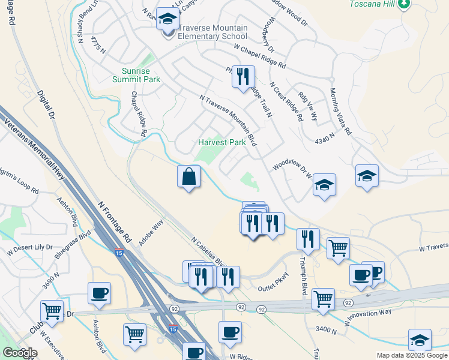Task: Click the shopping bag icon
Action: tap(188, 177)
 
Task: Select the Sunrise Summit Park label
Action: tap(136, 74)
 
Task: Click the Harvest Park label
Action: tap(222, 143)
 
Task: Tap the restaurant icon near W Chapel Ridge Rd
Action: tap(243, 77)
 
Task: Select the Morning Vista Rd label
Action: tap(339, 112)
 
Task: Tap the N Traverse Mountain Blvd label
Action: tap(228, 120)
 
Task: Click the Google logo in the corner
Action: tap(20, 353)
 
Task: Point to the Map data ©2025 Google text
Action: tap(412, 355)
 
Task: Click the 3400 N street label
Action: tap(327, 329)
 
